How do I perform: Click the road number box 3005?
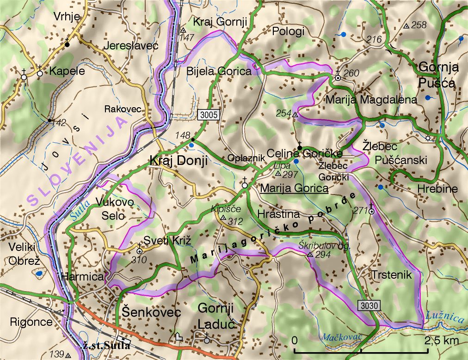[209, 114]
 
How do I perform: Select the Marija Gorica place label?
[295, 188]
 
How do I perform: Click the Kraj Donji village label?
[178, 160]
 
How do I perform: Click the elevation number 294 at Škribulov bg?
[323, 255]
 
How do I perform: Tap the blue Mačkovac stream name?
[343, 337]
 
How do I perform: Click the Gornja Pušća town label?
[438, 75]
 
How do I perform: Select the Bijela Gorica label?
[219, 71]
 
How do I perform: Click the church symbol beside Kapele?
[40, 73]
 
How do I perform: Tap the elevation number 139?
[57, 354]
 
